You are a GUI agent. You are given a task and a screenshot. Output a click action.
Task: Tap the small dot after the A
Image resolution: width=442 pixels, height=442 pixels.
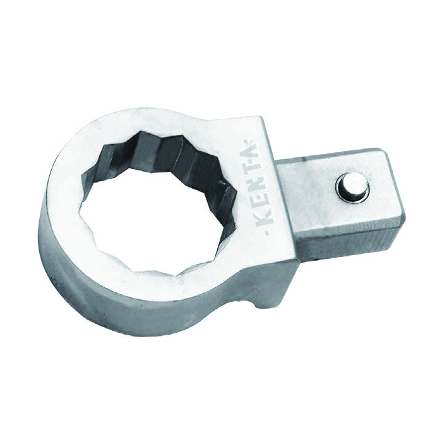pos(248,140)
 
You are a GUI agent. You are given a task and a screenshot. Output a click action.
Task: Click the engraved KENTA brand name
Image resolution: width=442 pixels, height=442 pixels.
pos(258,186)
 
